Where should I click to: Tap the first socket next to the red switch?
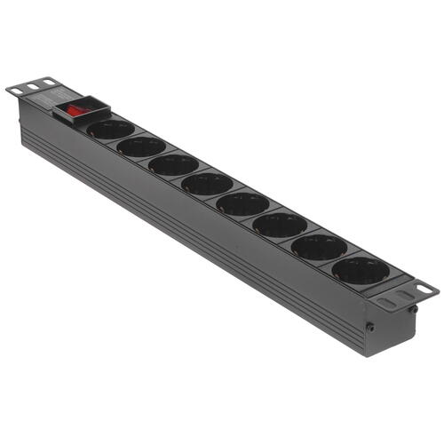111,130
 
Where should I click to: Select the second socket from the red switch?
141,147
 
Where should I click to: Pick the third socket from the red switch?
173,164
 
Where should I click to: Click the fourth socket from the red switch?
208,184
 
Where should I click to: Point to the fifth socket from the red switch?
243,203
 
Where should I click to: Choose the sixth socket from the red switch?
280,224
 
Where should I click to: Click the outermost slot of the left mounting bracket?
16,89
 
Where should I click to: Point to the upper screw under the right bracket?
413,309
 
